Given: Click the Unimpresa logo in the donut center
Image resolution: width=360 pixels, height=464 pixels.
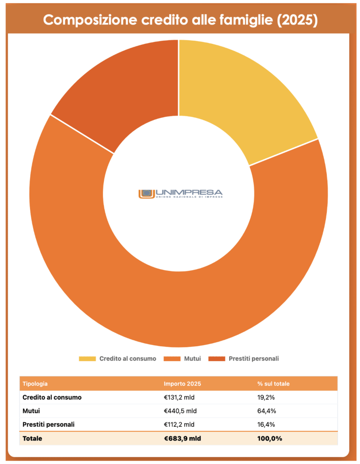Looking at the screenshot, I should click(180, 193).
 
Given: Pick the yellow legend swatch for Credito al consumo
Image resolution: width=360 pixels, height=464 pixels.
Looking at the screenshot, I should click(87, 358).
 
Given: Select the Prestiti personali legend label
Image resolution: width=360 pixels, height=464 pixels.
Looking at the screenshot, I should click(253, 358).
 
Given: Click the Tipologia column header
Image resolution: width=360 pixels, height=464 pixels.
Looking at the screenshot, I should click(35, 384).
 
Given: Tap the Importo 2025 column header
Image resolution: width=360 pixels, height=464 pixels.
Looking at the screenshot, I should click(182, 384).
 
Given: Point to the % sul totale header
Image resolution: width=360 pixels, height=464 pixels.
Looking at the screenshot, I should click(273, 384).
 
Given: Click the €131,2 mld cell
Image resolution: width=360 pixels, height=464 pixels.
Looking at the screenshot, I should click(180, 397).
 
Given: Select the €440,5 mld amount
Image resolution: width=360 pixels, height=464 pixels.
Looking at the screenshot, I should click(180, 411).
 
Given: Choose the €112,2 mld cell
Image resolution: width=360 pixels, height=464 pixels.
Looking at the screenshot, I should click(180, 425).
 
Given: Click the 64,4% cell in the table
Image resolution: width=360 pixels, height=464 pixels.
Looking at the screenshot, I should click(267, 411).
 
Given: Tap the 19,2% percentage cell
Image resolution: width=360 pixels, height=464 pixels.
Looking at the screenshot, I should click(267, 397).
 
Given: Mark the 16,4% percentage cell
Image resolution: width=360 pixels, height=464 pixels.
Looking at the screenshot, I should click(267, 425).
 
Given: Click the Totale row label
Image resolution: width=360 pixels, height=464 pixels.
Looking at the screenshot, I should click(32, 438).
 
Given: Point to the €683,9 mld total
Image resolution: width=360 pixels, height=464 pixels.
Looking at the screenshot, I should click(182, 438).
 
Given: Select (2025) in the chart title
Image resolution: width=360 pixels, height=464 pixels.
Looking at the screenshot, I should click(297, 20).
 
